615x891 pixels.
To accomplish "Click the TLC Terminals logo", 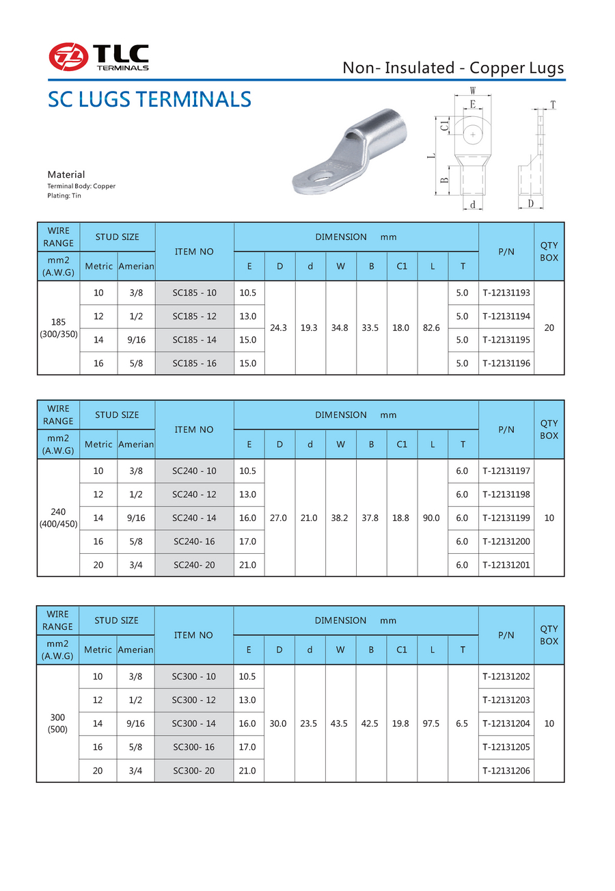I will (x=98, y=57).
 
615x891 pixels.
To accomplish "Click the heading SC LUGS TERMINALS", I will (x=150, y=100).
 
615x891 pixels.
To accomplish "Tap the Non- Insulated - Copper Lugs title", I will (x=453, y=68).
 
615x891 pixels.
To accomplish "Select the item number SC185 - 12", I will (x=194, y=317).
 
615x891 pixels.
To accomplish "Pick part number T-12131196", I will (x=506, y=363).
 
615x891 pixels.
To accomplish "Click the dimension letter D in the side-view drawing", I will (x=531, y=204).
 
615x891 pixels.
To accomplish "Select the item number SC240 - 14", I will (x=194, y=518).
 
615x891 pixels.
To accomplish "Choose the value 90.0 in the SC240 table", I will (x=432, y=518).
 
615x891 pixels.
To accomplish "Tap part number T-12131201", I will (x=506, y=565).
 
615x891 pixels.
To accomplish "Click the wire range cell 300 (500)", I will (x=57, y=723).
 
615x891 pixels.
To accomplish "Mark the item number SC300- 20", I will (x=194, y=771).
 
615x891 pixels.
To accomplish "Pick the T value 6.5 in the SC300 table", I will (x=462, y=723).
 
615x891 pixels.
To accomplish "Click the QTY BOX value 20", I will (x=549, y=328).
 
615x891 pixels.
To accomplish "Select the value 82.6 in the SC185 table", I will (x=432, y=328).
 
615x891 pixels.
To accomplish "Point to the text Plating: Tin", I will (x=64, y=196).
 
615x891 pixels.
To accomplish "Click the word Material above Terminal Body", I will (x=66, y=174).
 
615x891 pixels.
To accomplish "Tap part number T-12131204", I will (x=506, y=723).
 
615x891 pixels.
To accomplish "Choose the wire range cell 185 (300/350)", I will (x=58, y=328).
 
